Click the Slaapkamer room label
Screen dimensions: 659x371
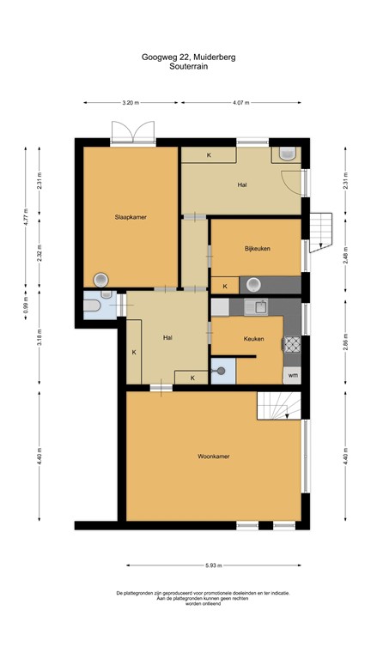click(x=131, y=217)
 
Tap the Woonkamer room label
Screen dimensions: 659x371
click(x=213, y=456)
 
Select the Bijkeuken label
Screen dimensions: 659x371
click(x=257, y=249)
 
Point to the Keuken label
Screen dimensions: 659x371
click(x=253, y=339)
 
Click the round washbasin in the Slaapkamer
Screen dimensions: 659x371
click(x=101, y=278)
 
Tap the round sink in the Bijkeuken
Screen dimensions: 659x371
click(x=253, y=285)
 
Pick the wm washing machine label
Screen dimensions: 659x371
click(x=293, y=375)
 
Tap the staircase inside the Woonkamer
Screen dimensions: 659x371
click(x=278, y=405)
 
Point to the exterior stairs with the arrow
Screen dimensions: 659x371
click(x=319, y=230)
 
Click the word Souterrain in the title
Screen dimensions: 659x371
click(x=188, y=65)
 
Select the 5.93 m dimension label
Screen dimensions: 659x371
click(x=213, y=565)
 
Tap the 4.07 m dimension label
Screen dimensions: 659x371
click(x=240, y=103)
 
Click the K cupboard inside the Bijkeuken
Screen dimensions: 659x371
click(x=225, y=286)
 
